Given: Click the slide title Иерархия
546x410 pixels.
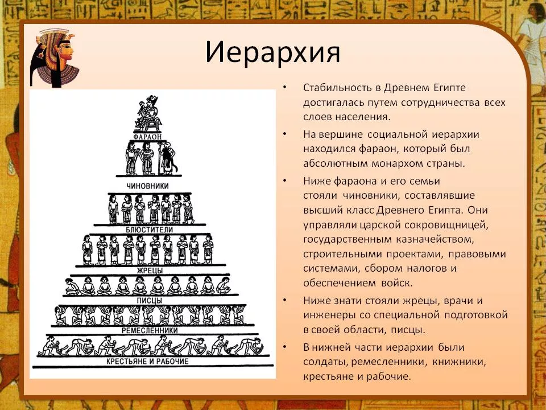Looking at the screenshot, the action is [272, 52].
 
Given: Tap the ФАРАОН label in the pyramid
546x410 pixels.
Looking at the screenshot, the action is [148, 137].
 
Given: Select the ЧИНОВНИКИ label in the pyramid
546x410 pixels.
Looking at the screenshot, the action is [148, 186].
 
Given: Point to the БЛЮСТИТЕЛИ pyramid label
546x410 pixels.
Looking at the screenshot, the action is [150, 229].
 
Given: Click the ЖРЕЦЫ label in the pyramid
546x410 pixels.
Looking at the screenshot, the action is [150, 270].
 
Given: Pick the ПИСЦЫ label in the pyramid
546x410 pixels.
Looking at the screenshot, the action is [150, 301].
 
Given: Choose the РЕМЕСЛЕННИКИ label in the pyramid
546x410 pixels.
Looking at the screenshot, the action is [150, 330].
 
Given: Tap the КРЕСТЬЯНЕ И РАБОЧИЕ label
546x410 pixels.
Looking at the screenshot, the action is [147, 362].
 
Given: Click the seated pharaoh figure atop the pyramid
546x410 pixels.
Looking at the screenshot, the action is [148, 113].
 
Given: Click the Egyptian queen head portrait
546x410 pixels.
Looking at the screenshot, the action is [54, 58].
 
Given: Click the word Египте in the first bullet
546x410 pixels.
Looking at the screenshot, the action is [449, 88].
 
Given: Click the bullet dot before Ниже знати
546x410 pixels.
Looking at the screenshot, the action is [285, 301].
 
